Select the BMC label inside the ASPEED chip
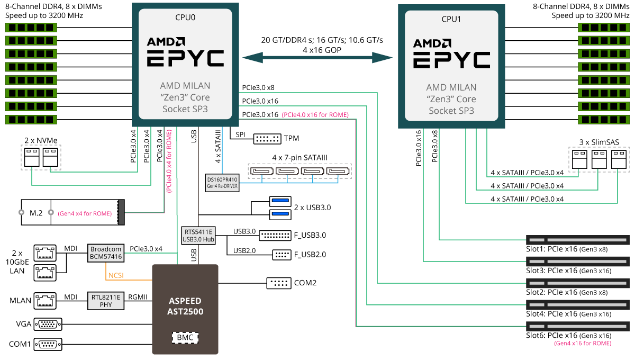(x=185, y=337)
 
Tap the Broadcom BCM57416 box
(x=106, y=253)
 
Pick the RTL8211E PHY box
(x=105, y=301)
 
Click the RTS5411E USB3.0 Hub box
(x=198, y=235)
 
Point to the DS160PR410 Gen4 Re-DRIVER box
(x=222, y=182)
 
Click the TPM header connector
(x=267, y=139)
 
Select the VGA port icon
(x=48, y=324)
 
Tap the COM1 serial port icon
(x=48, y=344)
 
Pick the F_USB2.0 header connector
(x=280, y=254)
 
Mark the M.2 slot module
(x=71, y=213)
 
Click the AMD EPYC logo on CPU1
(x=451, y=53)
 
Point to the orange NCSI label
(x=116, y=276)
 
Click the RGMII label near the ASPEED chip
(x=138, y=297)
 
